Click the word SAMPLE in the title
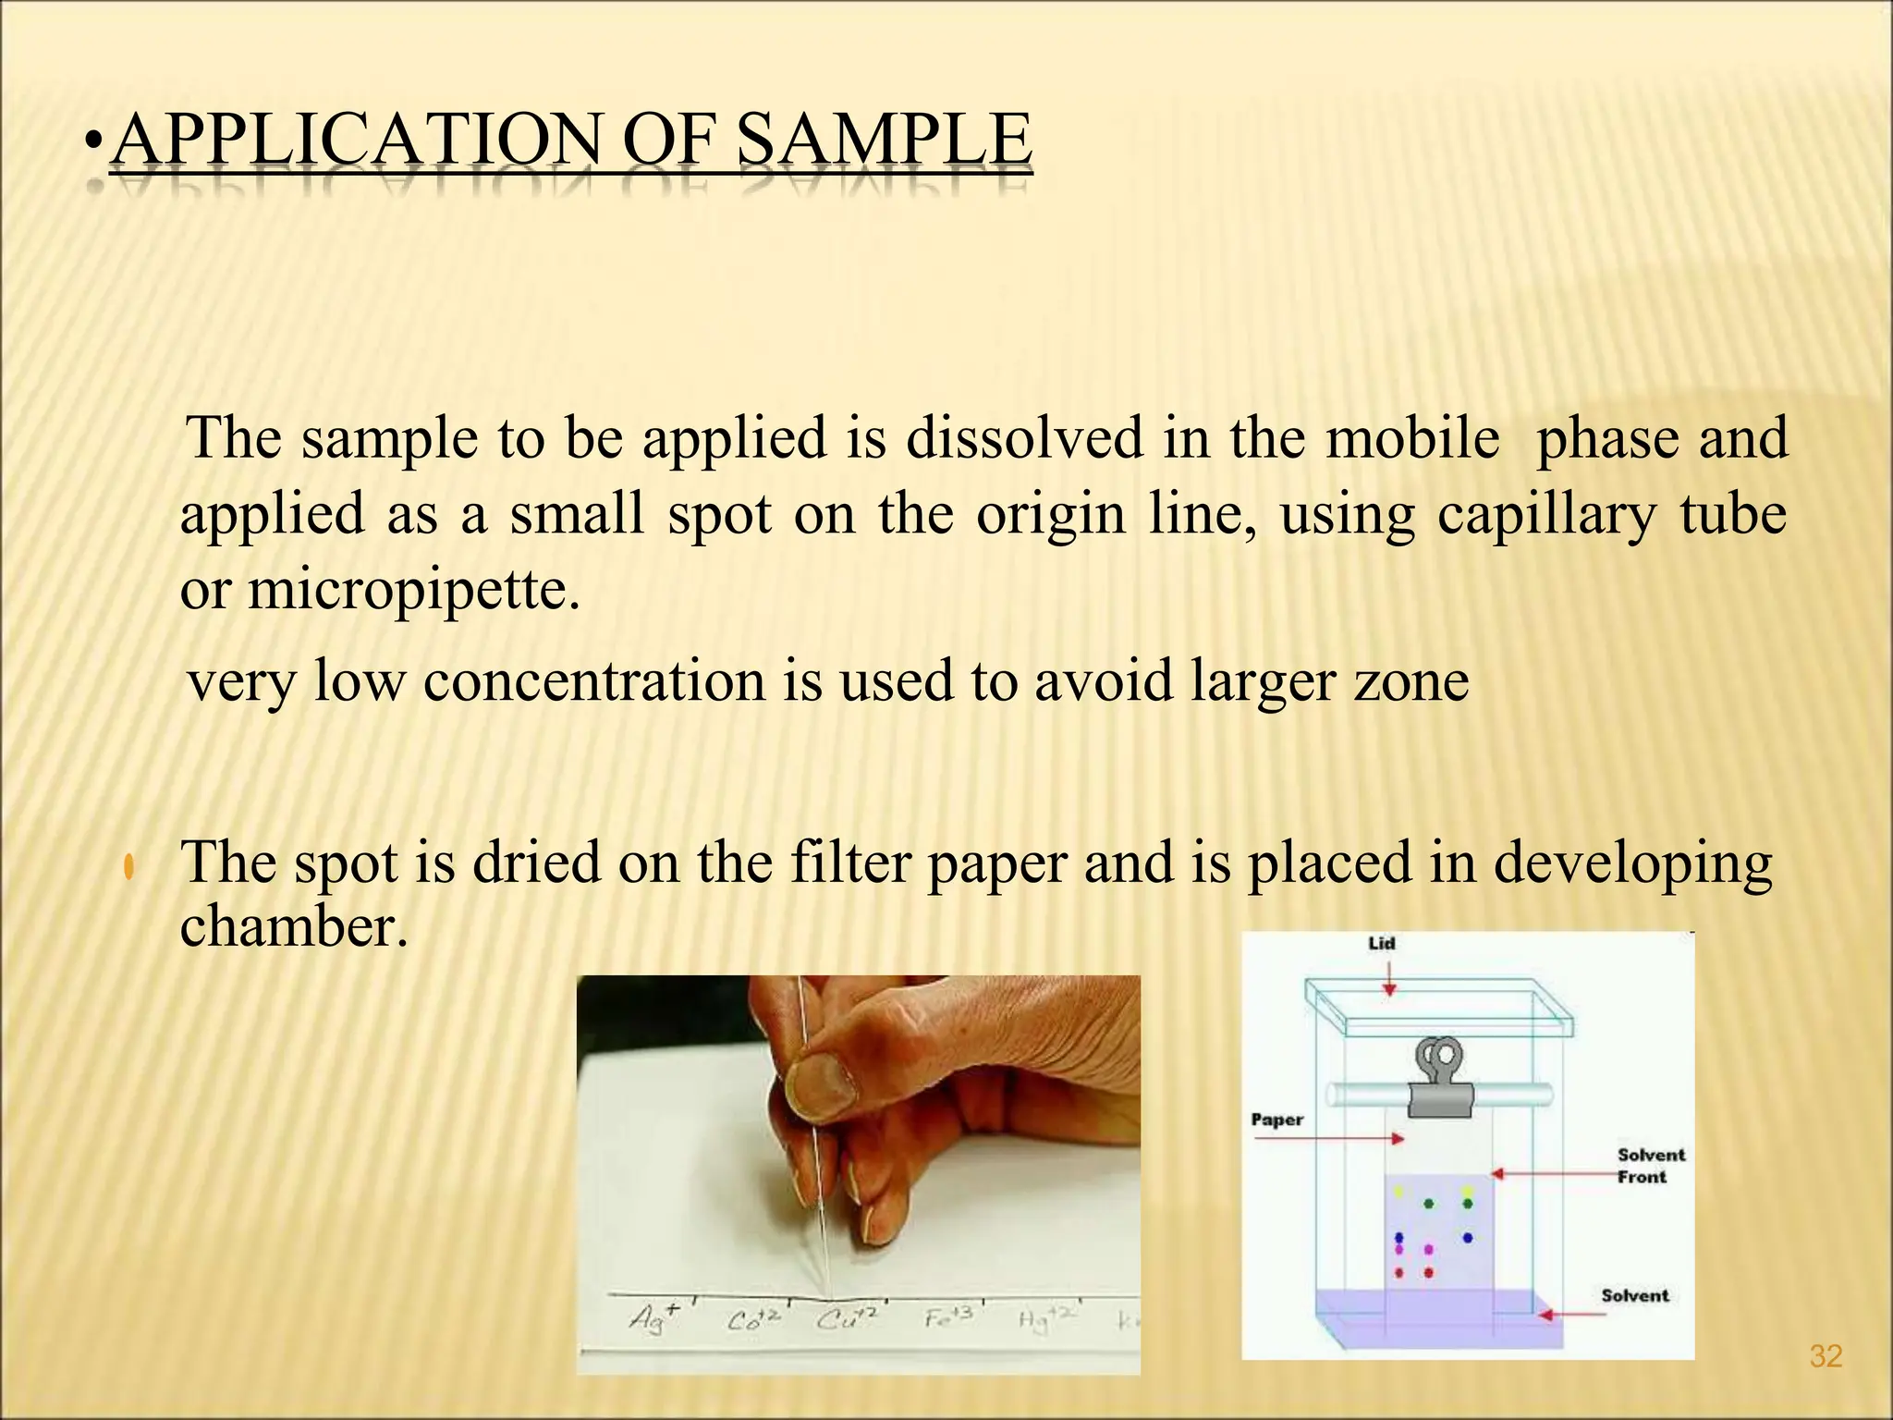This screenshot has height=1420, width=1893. point(885,141)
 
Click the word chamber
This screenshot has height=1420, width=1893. point(293,926)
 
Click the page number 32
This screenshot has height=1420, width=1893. point(1826,1357)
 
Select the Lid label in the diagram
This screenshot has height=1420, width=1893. point(1381,944)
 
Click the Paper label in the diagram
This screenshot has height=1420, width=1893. point(1276,1120)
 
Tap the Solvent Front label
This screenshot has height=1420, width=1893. point(1651,1166)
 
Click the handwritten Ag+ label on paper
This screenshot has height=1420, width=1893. point(653,1316)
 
